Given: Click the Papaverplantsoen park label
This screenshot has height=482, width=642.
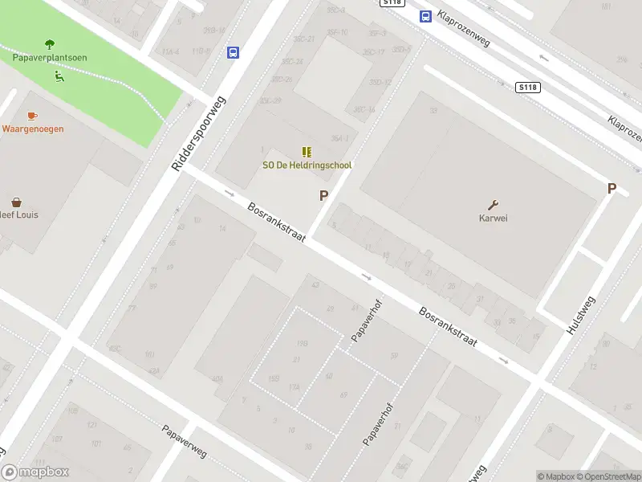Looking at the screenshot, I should (x=50, y=58).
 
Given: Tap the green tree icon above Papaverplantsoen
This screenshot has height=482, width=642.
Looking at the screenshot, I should (x=50, y=44).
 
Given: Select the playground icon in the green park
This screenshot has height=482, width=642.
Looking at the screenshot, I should (x=59, y=76).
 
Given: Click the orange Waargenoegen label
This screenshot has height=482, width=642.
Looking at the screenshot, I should (x=33, y=129).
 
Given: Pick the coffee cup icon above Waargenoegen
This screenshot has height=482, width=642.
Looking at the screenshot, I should (x=32, y=116).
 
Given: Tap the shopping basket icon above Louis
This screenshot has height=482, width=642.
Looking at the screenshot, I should (x=16, y=202).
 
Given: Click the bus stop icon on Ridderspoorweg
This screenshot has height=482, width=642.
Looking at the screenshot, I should (x=233, y=52).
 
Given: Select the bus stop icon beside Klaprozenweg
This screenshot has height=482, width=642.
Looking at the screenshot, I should (x=424, y=16).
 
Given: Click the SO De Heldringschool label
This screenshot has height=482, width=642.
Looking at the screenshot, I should (x=307, y=165).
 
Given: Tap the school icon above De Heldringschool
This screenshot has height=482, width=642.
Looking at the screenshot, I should (x=307, y=152).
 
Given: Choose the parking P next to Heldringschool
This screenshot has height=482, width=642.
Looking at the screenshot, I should (x=324, y=195).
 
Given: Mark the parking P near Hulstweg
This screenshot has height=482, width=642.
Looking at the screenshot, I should (x=612, y=189).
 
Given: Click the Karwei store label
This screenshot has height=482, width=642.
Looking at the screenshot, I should (x=494, y=218).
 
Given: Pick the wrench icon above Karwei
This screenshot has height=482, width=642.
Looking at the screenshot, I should (x=494, y=205).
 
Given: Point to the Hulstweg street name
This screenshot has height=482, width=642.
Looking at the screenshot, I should (x=581, y=316).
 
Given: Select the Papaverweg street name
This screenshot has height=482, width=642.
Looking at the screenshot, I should (x=184, y=441).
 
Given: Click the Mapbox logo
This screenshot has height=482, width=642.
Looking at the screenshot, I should (x=35, y=472).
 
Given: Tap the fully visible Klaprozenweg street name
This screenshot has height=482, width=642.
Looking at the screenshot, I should (x=465, y=27).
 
